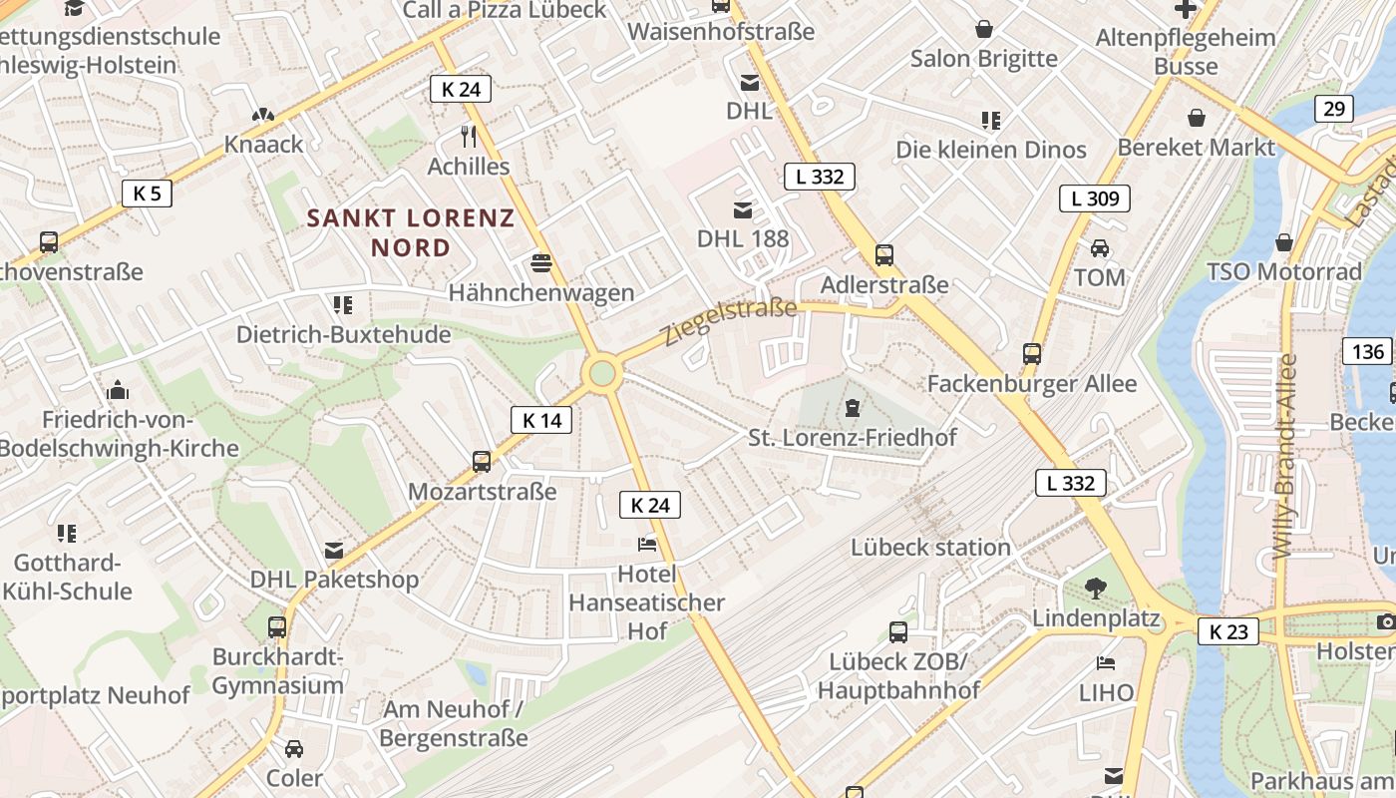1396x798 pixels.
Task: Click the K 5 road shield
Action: pyautogui.click(x=147, y=194)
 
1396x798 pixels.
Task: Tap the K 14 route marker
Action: pyautogui.click(x=541, y=421)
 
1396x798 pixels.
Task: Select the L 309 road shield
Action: pyautogui.click(x=1095, y=199)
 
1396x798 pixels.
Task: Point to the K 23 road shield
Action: pyautogui.click(x=1227, y=631)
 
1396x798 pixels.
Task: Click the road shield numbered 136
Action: pyautogui.click(x=1368, y=351)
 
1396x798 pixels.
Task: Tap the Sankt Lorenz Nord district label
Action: pyautogui.click(x=411, y=232)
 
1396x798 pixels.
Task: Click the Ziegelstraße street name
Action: pyautogui.click(x=731, y=320)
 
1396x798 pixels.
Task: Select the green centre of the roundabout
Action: pyautogui.click(x=602, y=374)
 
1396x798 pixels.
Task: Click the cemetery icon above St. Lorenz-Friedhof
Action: pyautogui.click(x=853, y=408)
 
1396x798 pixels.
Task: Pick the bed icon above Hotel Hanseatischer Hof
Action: pyautogui.click(x=646, y=545)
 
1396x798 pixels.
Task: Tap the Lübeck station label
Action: pyautogui.click(x=930, y=547)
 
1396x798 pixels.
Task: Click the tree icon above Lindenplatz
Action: pyautogui.click(x=1095, y=589)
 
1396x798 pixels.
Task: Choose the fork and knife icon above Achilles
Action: pyautogui.click(x=469, y=136)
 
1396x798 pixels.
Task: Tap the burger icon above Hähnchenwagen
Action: pyautogui.click(x=541, y=263)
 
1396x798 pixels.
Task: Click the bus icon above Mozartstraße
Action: pyautogui.click(x=482, y=461)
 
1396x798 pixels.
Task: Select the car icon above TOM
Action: pyautogui.click(x=1099, y=247)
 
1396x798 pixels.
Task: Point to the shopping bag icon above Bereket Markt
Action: pyautogui.click(x=1196, y=118)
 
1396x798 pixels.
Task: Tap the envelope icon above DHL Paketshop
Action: pyautogui.click(x=334, y=550)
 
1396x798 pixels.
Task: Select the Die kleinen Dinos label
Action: pyautogui.click(x=990, y=150)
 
